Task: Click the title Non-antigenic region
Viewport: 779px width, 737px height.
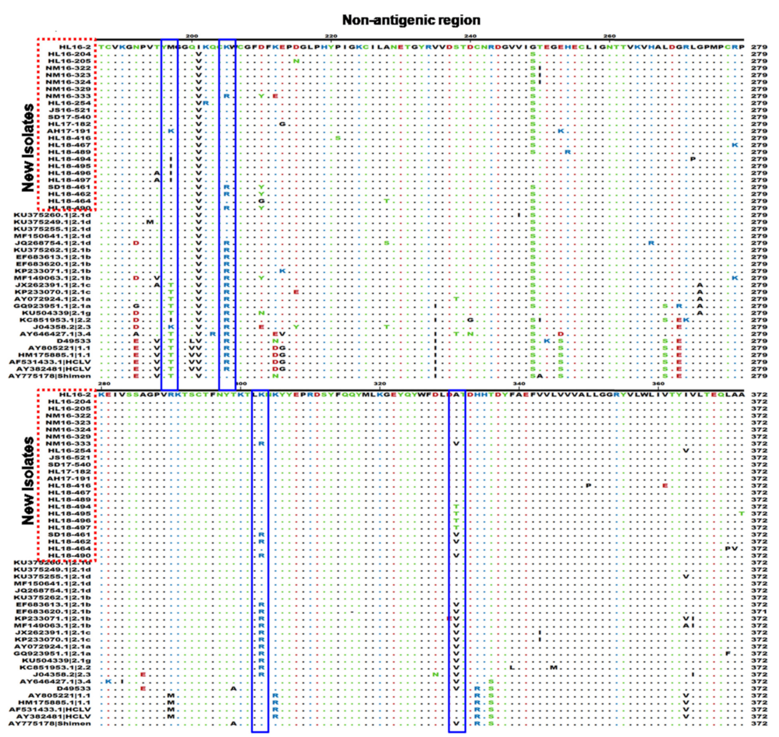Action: pyautogui.click(x=411, y=20)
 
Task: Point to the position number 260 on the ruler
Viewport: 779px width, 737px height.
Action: pyautogui.click(x=609, y=36)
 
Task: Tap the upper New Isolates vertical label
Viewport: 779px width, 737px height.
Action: pyautogui.click(x=28, y=147)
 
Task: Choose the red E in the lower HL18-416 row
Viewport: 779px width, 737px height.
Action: pyautogui.click(x=665, y=485)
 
